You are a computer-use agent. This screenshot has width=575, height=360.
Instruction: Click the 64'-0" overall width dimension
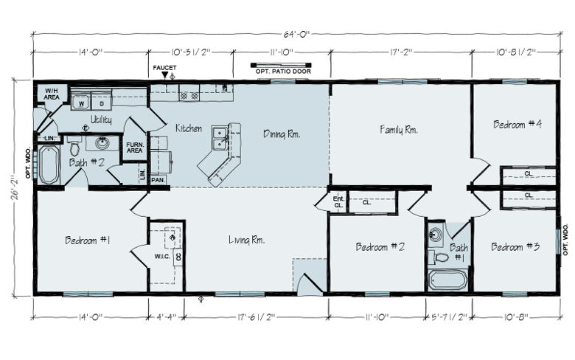tap(296, 34)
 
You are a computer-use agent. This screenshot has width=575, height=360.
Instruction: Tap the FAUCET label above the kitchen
tap(164, 68)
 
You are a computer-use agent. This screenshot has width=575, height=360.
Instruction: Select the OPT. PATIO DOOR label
tap(283, 72)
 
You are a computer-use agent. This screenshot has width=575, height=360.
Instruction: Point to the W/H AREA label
tap(52, 94)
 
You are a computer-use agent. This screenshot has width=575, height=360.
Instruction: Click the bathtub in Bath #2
tap(49, 165)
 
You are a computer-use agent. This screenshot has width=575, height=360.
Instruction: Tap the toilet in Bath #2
tap(74, 146)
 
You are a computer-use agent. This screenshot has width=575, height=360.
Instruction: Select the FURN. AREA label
tap(135, 148)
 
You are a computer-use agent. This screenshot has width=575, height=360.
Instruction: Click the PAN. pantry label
tap(158, 180)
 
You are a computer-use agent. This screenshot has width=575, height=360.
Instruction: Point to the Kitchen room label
tap(189, 128)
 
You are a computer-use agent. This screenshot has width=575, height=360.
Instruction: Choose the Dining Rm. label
tap(282, 134)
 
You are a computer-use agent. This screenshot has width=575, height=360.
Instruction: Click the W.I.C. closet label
tap(162, 256)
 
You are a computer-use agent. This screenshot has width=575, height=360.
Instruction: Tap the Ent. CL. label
tap(338, 202)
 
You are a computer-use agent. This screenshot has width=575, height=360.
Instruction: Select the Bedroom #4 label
tap(517, 124)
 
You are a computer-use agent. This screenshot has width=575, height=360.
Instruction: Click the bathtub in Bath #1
tap(448, 280)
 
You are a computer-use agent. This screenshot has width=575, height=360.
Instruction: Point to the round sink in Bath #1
tap(436, 233)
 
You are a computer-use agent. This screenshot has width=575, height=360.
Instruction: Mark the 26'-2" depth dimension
tap(15, 187)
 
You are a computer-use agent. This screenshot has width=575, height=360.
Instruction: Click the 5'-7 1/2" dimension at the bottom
tap(449, 316)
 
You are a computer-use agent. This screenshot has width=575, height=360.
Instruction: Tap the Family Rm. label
tap(399, 130)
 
